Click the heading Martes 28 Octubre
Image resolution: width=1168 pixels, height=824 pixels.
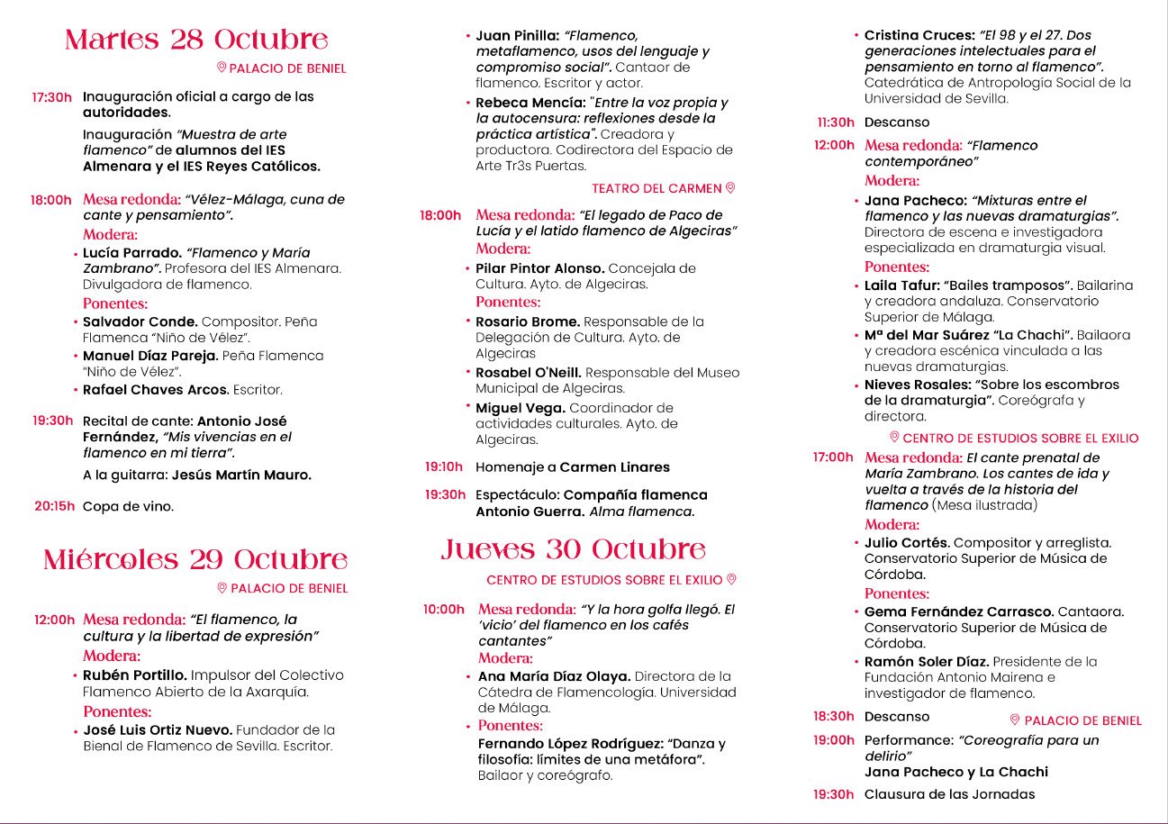(196, 40)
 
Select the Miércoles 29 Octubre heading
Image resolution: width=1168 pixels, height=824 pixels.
(195, 559)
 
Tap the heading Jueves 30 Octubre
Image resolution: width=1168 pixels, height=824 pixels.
(573, 549)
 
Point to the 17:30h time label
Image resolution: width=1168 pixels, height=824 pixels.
(52, 97)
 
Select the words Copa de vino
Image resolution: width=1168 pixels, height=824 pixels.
(129, 506)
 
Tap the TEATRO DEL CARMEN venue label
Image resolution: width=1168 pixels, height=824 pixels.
(656, 188)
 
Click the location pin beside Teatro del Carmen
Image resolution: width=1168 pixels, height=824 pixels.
(730, 187)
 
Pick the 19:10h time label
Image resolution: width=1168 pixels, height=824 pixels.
(444, 467)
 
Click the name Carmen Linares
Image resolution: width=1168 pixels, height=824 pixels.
(615, 467)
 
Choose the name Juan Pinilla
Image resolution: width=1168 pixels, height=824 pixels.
(516, 35)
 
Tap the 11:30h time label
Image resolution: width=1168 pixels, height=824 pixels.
(835, 122)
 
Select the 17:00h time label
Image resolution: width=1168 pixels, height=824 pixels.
(832, 457)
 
